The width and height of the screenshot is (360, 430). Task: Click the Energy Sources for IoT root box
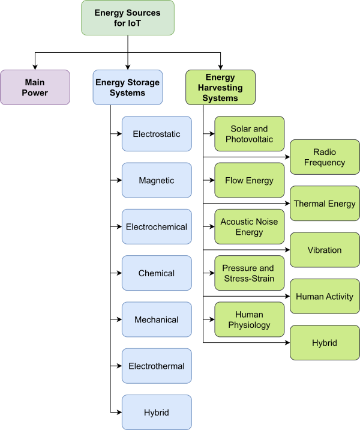click(127, 17)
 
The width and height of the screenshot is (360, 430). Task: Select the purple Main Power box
click(35, 87)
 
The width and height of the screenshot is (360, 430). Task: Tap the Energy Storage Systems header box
click(127, 87)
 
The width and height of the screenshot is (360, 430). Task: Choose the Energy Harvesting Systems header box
click(221, 87)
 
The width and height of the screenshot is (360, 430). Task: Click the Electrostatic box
click(157, 134)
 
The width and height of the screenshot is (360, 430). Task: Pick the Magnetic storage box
click(157, 180)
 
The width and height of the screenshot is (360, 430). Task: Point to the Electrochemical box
click(157, 227)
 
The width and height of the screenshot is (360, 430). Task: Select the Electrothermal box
click(157, 366)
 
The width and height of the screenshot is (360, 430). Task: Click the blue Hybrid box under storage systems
click(157, 413)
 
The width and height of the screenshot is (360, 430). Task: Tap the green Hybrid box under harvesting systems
click(325, 343)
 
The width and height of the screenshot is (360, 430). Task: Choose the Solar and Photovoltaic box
click(249, 134)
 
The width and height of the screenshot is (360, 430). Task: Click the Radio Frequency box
click(325, 157)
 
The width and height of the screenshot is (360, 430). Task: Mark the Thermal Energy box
click(325, 204)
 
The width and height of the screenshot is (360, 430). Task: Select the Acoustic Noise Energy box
click(249, 227)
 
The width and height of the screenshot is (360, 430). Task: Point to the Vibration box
click(325, 250)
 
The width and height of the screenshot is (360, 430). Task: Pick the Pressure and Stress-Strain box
click(249, 273)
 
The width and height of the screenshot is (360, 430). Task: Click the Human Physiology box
click(249, 319)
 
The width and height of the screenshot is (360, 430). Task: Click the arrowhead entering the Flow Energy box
click(212, 180)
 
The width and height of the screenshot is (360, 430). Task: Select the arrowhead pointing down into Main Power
click(35, 67)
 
